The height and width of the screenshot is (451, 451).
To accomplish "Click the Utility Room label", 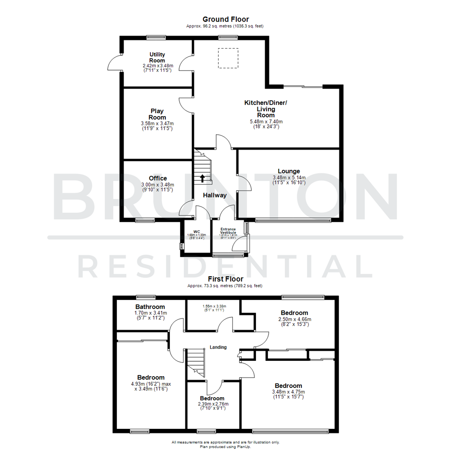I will tap(157, 58).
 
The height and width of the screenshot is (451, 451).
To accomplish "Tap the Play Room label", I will tap(157, 114).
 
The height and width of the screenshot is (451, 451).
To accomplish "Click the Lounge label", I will tap(289, 171).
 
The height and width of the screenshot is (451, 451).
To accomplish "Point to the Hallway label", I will tap(215, 195).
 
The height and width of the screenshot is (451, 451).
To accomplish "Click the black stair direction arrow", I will tap(203, 178).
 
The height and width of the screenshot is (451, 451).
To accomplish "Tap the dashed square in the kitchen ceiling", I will tap(228, 58).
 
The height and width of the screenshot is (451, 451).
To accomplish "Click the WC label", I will tap(197, 231).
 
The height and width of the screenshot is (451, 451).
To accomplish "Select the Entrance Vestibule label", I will tap(228, 231).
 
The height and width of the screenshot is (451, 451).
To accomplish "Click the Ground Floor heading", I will tap(225, 19).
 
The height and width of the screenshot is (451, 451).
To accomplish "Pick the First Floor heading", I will tap(225, 279).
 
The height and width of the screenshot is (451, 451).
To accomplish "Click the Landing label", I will tap(218, 347).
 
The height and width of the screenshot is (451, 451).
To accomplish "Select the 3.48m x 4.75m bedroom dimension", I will tap(288, 392).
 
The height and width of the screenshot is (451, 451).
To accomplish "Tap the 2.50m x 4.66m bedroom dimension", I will tap(294, 319).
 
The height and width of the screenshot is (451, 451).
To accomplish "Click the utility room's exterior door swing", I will tap(114, 64).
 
